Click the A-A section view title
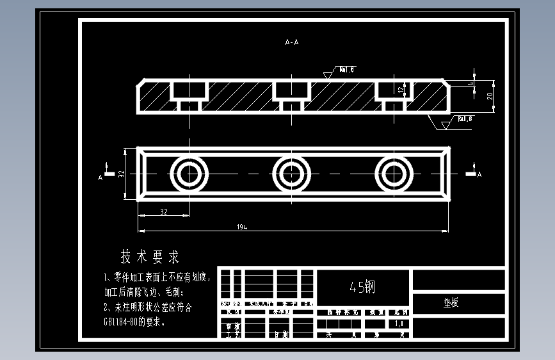click(x=292, y=42)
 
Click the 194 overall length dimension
click(x=242, y=227)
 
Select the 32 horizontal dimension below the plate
click(x=163, y=211)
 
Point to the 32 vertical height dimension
click(x=122, y=174)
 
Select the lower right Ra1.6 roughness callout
click(x=465, y=119)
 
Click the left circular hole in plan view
click(x=189, y=174)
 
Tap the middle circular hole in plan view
click(x=291, y=174)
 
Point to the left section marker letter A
click(x=101, y=178)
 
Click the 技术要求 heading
click(x=150, y=258)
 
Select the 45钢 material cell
click(x=362, y=288)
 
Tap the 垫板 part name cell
click(x=451, y=303)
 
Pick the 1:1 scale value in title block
click(x=399, y=323)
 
